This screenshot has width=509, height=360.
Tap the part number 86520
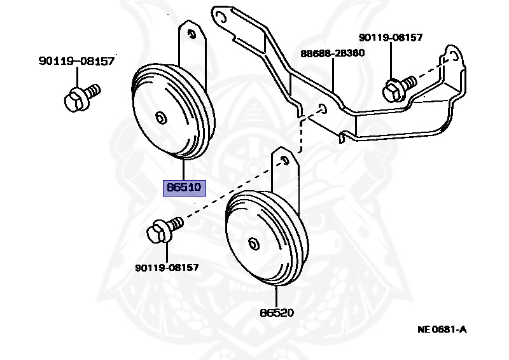click(277, 313)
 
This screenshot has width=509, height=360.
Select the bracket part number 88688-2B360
click(333, 53)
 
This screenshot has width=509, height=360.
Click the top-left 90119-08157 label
click(76, 61)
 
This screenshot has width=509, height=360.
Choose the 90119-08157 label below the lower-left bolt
click(167, 268)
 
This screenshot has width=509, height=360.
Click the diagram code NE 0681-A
click(442, 329)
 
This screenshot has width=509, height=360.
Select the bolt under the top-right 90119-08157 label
click(398, 88)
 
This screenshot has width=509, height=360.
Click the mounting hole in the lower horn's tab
click(284, 160)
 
